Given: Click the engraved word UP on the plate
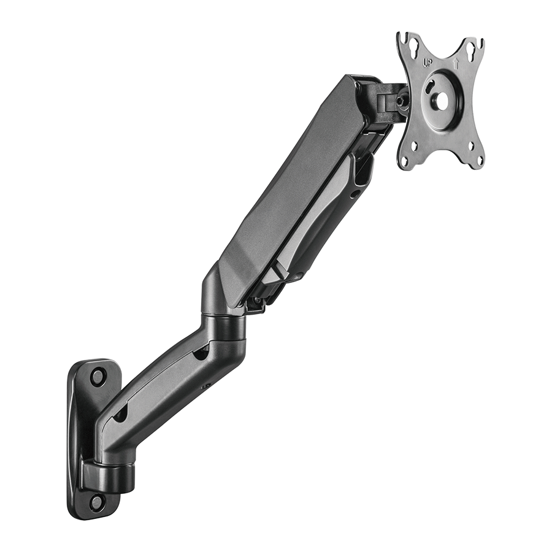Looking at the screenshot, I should pyautogui.click(x=427, y=62).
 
